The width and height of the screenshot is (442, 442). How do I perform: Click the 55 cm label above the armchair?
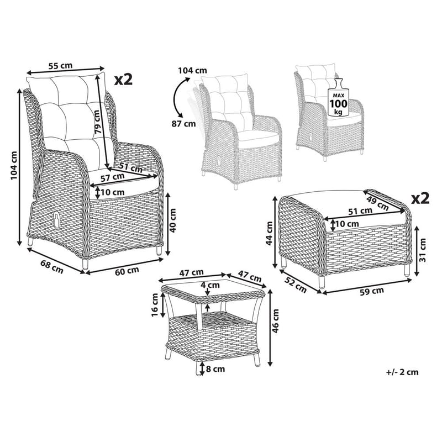pos(60,66)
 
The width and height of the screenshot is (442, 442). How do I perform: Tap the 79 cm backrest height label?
pos(97,122)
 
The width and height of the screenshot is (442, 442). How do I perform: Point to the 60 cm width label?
pos(127,270)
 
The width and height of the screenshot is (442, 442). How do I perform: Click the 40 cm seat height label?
pos(172,220)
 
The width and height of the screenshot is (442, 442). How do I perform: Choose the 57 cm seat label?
pos(113,177)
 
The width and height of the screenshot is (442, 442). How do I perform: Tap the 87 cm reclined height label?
pos(184,123)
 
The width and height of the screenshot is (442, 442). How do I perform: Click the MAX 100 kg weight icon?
pos(338,98)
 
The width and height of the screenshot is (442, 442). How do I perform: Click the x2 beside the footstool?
pos(420,198)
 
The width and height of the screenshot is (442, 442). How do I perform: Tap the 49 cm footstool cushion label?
pos(377,202)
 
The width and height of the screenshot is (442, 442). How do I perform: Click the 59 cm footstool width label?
pos(372,291)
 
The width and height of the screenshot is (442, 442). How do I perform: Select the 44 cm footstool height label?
pos(270,233)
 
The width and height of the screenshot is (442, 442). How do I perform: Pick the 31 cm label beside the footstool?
pos(422,250)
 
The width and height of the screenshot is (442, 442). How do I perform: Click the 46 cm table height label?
pos(275,321)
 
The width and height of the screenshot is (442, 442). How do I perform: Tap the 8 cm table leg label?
pos(215,369)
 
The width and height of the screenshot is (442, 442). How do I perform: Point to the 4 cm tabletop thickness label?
pos(211,285)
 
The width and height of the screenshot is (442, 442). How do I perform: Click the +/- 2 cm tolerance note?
pos(402,372)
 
